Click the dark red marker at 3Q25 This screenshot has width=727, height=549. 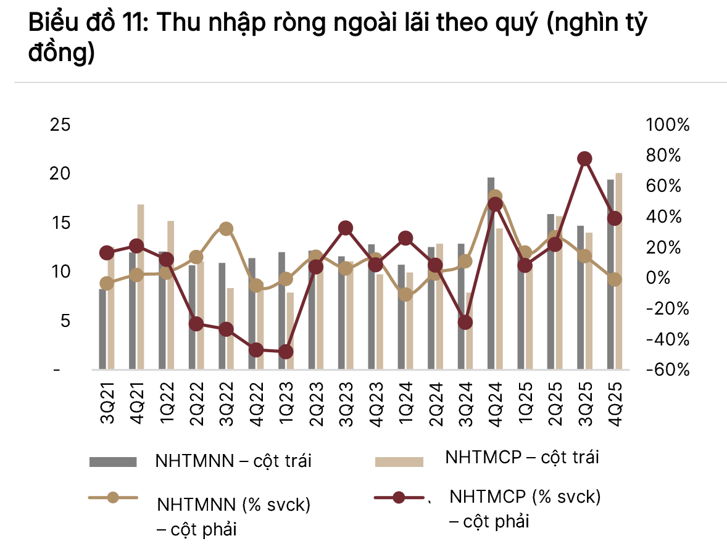tap(585, 159)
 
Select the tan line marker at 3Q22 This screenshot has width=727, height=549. tap(226, 229)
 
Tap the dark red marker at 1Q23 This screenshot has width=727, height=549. tap(286, 352)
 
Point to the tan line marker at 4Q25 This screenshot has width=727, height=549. tap(615, 280)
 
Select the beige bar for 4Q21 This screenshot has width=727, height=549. tap(141, 287)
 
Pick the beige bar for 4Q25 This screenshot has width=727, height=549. tap(619, 271)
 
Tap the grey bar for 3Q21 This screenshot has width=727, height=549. tap(102, 329)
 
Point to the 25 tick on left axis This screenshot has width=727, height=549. tap(60, 125)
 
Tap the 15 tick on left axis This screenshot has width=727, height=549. tap(60, 223)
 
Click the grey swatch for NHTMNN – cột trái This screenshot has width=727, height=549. tap(112, 461)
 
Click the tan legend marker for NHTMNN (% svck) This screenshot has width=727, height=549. tap(112, 498)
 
